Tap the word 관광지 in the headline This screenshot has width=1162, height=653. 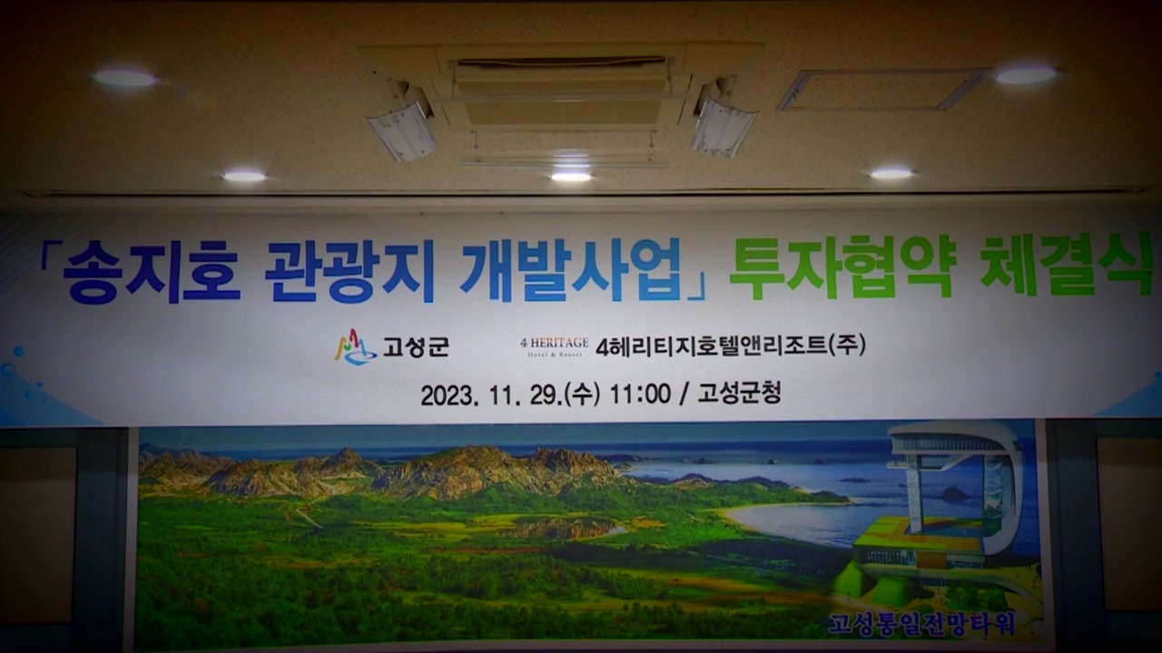350,270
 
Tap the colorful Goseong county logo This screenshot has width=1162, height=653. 355,346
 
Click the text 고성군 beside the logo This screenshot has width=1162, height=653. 416,346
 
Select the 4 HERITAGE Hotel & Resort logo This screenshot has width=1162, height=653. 554,346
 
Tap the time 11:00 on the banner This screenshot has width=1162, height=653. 640,395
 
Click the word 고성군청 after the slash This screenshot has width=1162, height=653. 739,393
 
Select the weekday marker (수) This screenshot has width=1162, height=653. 582,395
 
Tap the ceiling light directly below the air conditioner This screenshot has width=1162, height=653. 571,177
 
